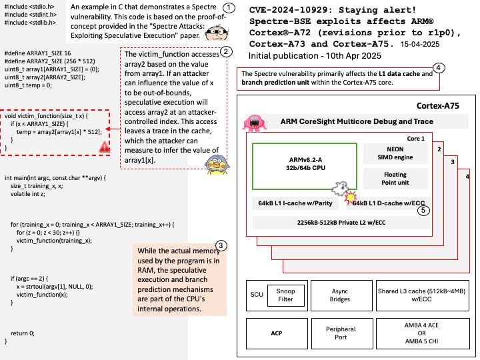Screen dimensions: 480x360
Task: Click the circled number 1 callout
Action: (x=229, y=8)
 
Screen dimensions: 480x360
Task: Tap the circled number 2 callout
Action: (x=226, y=51)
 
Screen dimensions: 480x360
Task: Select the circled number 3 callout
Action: (x=221, y=245)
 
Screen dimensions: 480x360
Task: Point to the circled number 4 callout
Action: (x=439, y=67)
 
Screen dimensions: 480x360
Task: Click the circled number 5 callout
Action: (x=424, y=210)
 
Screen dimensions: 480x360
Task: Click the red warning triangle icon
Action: (x=105, y=147)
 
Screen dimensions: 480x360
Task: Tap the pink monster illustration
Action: (x=255, y=123)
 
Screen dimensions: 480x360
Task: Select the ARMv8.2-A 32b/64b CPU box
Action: (x=305, y=166)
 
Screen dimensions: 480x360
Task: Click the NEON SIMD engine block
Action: (x=395, y=153)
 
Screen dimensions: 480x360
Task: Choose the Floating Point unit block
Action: (x=395, y=179)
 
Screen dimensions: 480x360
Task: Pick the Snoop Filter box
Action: (x=285, y=295)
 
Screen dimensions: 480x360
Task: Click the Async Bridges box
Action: (x=341, y=295)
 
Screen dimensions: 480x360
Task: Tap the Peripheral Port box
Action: (x=342, y=333)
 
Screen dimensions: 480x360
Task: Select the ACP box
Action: (x=277, y=333)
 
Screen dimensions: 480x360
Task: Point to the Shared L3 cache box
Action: (x=423, y=295)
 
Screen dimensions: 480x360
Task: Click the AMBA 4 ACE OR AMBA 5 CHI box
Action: (x=423, y=333)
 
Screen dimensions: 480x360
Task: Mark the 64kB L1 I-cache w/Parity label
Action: (x=295, y=203)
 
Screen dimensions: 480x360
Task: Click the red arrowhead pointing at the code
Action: (x=107, y=129)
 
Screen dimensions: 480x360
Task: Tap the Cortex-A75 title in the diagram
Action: (x=438, y=106)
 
